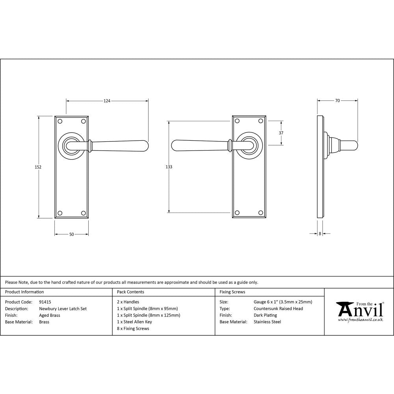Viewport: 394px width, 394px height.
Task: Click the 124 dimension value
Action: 107,101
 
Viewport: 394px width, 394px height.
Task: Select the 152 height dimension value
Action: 38,167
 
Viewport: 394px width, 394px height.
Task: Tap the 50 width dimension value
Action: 71,234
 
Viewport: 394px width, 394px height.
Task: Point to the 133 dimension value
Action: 169,167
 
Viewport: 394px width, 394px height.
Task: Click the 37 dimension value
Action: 281,133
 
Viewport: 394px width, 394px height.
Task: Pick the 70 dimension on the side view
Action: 338,101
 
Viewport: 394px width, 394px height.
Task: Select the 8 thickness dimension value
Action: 320,234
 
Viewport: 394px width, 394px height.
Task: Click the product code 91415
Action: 45,302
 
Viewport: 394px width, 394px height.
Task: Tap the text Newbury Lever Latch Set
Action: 63,309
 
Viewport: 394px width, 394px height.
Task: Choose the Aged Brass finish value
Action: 50,315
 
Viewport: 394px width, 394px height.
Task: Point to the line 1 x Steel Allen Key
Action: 134,322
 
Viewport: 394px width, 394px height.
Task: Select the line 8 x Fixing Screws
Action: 133,329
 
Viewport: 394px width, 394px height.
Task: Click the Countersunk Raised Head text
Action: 278,309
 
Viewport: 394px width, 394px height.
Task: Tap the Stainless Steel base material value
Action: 268,322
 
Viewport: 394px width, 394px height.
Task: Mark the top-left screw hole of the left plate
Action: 60,121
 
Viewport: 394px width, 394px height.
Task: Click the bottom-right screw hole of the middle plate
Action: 260,213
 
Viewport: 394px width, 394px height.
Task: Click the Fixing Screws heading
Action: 232,292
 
